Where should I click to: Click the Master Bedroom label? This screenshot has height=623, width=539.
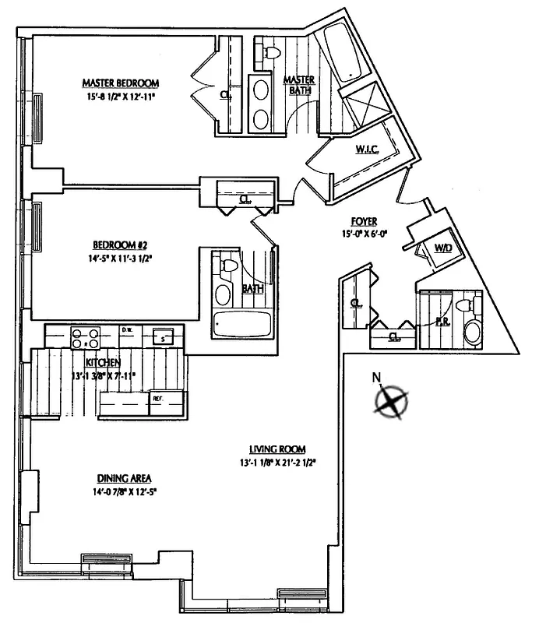pyautogui.click(x=121, y=83)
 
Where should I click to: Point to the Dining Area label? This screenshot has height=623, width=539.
pyautogui.click(x=124, y=477)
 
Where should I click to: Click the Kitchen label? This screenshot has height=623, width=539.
pyautogui.click(x=103, y=364)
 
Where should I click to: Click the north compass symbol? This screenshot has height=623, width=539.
pyautogui.click(x=391, y=401)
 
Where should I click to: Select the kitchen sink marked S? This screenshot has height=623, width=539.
pyautogui.click(x=162, y=338)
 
